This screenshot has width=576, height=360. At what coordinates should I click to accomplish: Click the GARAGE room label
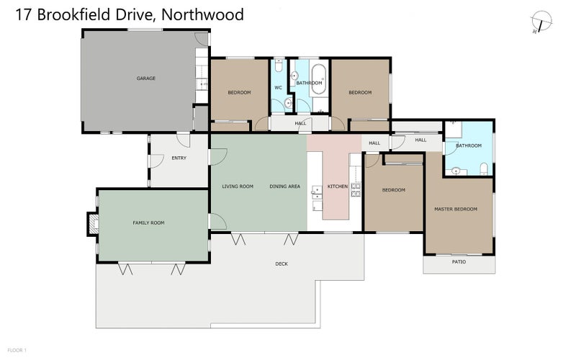pos(146,78)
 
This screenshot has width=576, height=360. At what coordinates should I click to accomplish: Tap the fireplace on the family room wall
pos(92,223)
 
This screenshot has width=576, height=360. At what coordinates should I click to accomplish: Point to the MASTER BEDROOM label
pos(456,210)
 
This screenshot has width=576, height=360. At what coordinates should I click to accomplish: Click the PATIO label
pos(459,261)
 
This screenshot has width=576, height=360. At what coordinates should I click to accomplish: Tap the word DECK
pos(282,264)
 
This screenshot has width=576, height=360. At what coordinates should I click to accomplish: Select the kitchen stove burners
pos(355,191)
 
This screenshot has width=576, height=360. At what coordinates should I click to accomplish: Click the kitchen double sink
pos(316,192)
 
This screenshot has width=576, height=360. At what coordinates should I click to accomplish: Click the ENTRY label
pos(179,158)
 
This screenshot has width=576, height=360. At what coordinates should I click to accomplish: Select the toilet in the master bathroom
pos(484,168)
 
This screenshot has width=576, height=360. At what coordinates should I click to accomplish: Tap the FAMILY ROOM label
pos(148,223)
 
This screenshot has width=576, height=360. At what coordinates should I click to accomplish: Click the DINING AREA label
pos(284,186)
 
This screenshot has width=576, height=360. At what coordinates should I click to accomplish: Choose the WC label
pos(278,88)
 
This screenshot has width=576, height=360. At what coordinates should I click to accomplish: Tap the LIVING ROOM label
pos(238,186)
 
